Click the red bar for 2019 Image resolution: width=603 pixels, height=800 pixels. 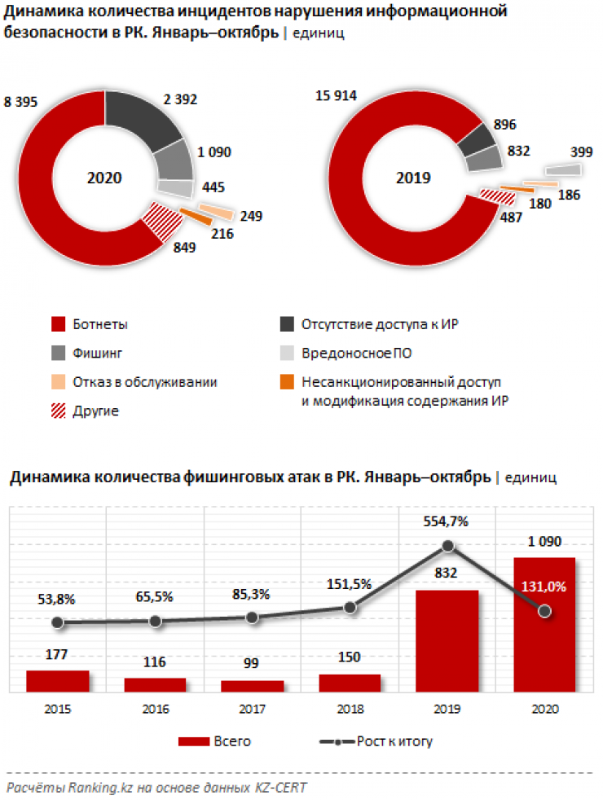(447, 640)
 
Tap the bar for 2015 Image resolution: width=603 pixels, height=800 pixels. (57, 681)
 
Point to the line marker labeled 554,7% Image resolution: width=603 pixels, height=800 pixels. (447, 546)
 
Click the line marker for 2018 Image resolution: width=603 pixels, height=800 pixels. (350, 607)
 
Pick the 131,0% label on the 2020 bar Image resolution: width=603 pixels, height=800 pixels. (544, 586)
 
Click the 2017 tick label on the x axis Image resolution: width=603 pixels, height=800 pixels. (252, 710)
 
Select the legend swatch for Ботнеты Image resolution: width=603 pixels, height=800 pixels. (58, 324)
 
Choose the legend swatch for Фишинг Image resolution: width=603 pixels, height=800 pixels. (58, 353)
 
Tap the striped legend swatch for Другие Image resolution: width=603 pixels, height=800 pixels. (58, 410)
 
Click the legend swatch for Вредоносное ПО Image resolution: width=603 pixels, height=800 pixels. (287, 353)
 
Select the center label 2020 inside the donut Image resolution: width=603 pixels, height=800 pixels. (104, 178)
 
